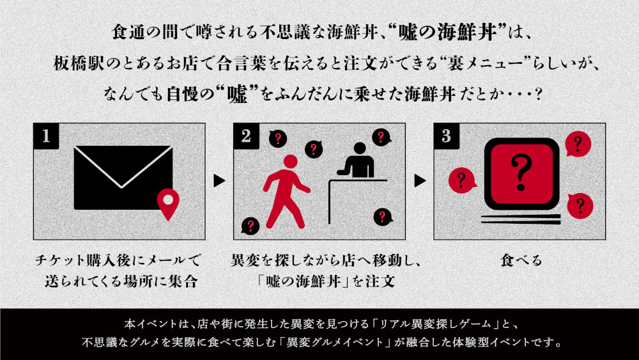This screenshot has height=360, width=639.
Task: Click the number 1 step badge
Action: pos(46,136)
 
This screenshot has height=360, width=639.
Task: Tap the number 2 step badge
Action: pos(246,136)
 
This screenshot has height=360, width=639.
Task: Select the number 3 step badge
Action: pos(447,136)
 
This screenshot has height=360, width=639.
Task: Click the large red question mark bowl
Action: pos(521,174)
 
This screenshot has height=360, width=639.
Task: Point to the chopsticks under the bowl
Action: pos(521,219)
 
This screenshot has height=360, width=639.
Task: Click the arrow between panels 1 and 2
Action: pos(219,180)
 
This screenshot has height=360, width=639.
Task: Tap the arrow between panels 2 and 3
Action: pos(420,180)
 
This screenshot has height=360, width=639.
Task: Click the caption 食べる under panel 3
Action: pos(521,260)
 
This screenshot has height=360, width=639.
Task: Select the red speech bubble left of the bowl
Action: pos(462,180)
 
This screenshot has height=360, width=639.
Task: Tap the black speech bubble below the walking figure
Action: pos(250,226)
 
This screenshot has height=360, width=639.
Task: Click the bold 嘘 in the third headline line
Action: pos(238,95)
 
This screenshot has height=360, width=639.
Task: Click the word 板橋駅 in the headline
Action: pos(79,63)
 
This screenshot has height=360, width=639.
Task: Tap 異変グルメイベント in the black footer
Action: pos(335,341)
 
